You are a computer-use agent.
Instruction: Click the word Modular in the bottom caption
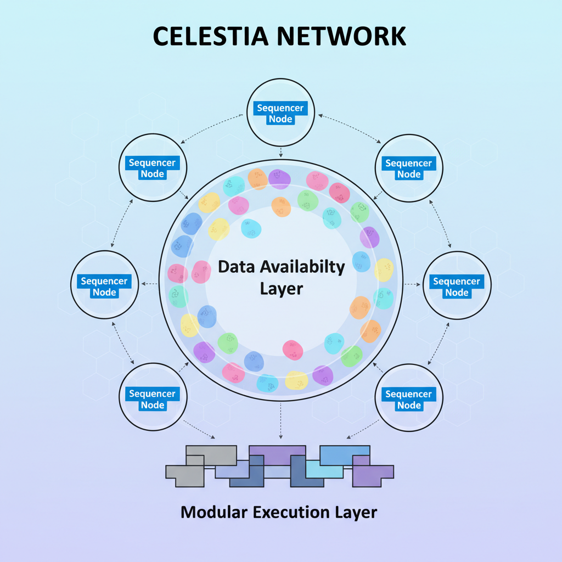(x=214, y=512)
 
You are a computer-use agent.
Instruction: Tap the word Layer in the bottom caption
(x=356, y=512)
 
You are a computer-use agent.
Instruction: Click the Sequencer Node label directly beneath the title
(x=280, y=114)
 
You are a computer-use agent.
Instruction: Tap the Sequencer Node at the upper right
(x=408, y=168)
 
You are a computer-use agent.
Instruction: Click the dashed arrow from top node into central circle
(x=280, y=152)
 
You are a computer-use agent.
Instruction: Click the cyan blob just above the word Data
(x=251, y=229)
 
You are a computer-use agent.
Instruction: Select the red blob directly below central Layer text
(x=293, y=350)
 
